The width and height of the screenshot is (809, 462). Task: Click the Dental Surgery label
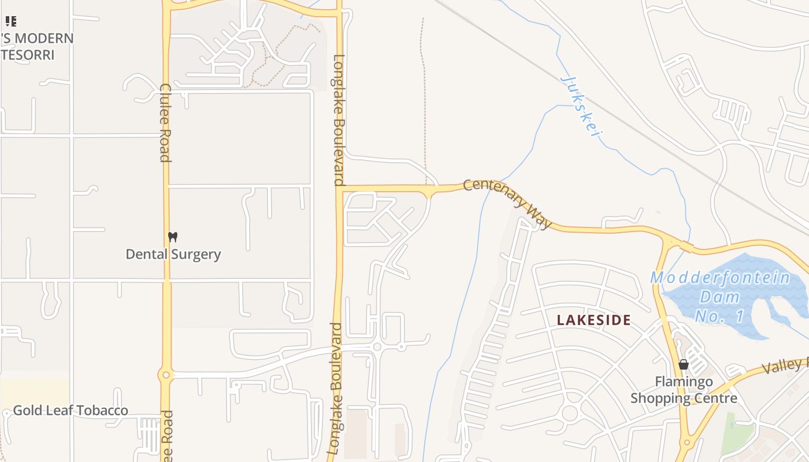(173, 254)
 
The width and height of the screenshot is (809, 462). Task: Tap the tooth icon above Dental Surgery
(172, 237)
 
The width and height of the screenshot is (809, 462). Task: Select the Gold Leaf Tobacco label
(70, 411)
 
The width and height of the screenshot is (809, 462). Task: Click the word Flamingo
(684, 382)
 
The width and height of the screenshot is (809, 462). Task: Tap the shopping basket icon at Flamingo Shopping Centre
(684, 364)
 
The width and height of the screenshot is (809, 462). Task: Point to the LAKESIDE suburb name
(593, 321)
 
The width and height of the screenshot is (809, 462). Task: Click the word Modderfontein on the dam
(720, 278)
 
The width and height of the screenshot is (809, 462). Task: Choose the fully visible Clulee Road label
(165, 122)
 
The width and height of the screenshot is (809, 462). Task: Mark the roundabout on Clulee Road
(166, 375)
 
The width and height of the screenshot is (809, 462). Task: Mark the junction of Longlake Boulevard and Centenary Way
(340, 188)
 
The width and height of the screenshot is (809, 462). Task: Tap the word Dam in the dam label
(719, 297)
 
